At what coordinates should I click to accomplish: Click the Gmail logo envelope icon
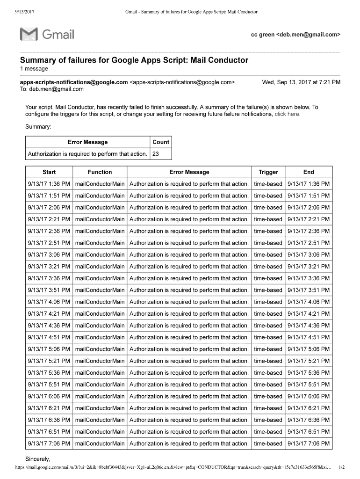[x=29, y=34]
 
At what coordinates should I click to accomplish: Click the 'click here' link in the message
[x=287, y=114]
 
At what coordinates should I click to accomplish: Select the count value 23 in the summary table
[x=155, y=154]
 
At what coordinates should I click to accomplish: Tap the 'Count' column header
[x=161, y=142]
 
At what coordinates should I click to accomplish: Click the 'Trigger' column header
[x=268, y=172]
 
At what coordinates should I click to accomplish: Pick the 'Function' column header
[x=100, y=172]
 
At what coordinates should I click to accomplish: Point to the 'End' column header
[x=309, y=172]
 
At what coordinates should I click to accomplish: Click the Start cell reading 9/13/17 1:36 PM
[x=49, y=184]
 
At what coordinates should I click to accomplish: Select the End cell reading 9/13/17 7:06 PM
[x=309, y=443]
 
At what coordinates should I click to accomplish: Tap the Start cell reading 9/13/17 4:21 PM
[x=49, y=314]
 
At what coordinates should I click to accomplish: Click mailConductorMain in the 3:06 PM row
[x=100, y=255]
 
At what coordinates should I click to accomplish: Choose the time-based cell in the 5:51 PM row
[x=268, y=385]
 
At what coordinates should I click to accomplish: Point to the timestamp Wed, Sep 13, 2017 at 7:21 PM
[x=301, y=82]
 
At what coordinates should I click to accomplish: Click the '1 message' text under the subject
[x=34, y=69]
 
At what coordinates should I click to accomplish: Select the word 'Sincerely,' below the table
[x=37, y=458]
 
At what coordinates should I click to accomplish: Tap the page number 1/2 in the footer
[x=342, y=467]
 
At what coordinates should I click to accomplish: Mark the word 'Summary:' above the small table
[x=38, y=126]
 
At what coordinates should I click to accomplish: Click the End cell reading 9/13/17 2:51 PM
[x=309, y=243]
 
